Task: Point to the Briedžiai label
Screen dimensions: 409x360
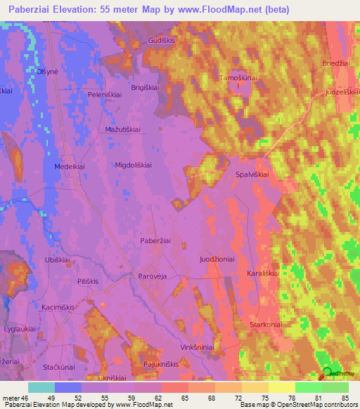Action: (x=337, y=62)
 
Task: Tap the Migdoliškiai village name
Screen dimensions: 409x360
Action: (x=134, y=164)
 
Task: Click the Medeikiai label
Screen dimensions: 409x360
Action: (x=69, y=167)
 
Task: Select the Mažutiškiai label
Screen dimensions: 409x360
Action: (x=123, y=130)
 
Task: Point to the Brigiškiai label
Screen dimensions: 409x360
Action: (x=146, y=87)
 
